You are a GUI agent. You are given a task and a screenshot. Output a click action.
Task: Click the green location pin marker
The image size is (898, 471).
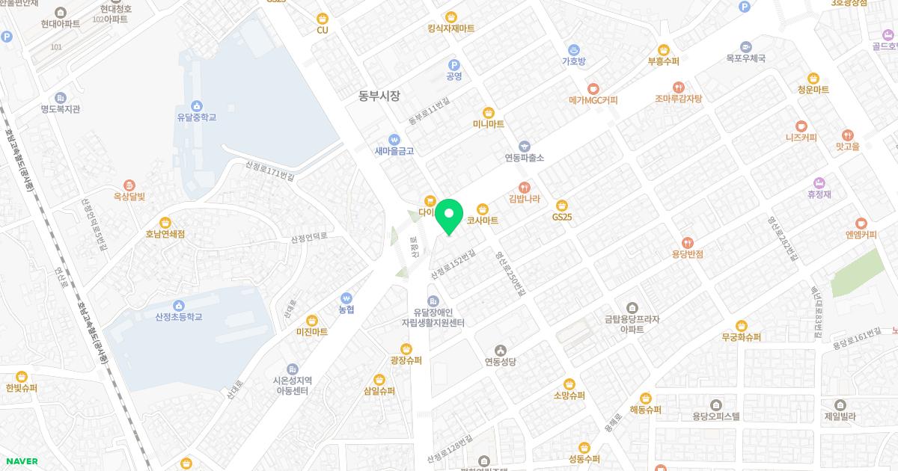[x=448, y=217]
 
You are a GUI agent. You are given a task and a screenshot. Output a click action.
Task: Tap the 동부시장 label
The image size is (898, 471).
[x=379, y=96]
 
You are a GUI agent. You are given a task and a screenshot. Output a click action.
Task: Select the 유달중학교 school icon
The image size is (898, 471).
[x=196, y=105]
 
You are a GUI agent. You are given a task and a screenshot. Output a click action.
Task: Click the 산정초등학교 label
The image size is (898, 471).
[x=179, y=317]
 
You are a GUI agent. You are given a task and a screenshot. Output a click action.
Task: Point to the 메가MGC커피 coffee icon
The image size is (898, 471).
[x=593, y=88]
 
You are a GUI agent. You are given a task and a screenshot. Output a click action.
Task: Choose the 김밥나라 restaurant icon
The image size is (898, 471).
[x=524, y=187]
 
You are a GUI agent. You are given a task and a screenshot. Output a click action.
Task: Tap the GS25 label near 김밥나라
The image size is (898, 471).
[x=562, y=217]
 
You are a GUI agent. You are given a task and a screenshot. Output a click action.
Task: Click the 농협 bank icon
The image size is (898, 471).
[x=346, y=298]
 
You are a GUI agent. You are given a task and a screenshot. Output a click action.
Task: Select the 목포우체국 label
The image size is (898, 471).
[x=745, y=58]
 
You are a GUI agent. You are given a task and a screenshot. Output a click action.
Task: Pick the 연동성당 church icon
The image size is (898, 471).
[x=501, y=350]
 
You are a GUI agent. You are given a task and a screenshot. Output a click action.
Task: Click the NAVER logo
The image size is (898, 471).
[x=22, y=461]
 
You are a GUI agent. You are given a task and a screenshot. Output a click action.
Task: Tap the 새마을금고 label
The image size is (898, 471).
[x=394, y=150]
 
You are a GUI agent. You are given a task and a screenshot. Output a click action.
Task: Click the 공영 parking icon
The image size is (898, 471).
[x=453, y=65]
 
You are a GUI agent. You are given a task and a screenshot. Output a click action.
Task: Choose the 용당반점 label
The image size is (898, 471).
[x=688, y=253]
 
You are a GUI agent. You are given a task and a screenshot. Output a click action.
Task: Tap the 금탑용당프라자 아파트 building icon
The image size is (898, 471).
[x=633, y=307]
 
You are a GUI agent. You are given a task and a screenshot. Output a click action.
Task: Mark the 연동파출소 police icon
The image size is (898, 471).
[x=524, y=147]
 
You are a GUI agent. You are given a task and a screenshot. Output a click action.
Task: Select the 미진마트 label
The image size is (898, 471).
[x=312, y=332]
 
